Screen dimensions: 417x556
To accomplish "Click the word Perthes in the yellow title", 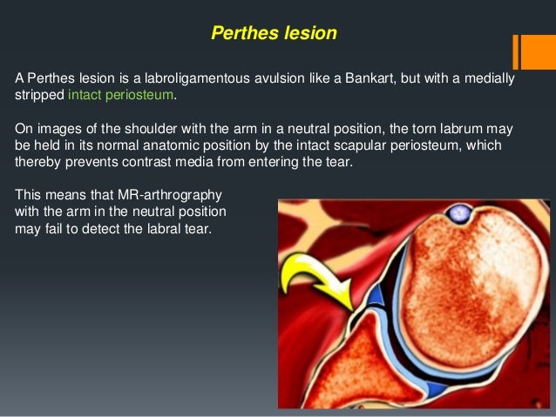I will (241, 34).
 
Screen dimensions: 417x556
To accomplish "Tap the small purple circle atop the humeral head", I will (458, 212).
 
